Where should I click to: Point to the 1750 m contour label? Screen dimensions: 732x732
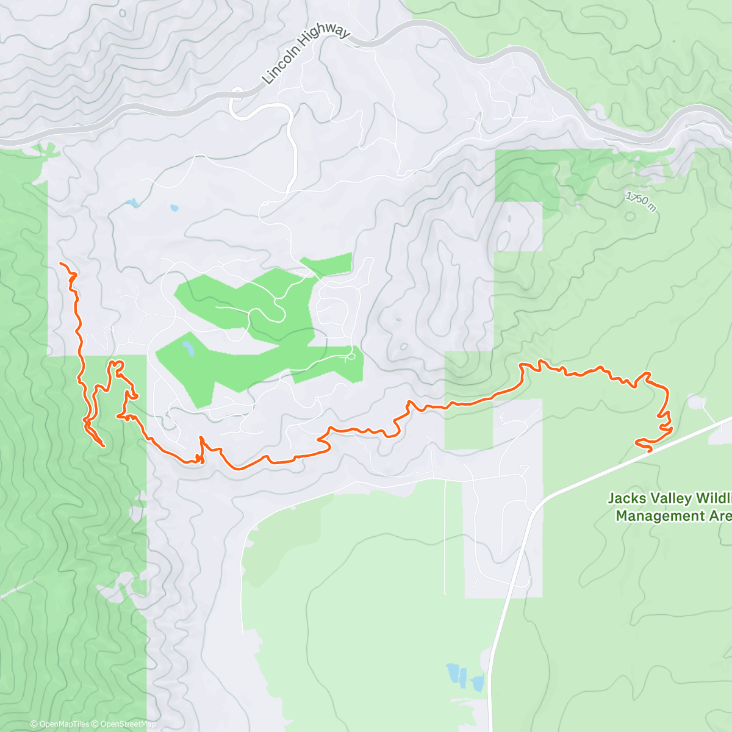pos(641,202)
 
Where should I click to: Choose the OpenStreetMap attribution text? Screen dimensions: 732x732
pos(127,724)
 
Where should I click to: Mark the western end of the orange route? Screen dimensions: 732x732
pos(60,263)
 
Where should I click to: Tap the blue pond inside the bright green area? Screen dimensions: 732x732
pos(188,349)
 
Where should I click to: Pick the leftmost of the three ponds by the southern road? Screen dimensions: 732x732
pos(453,673)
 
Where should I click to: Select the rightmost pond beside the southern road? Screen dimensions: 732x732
pos(478,682)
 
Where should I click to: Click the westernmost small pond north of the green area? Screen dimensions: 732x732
pos(131,203)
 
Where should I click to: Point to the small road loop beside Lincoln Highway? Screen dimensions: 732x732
pos(237,93)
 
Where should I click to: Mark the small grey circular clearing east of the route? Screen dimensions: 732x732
pos(695,402)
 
